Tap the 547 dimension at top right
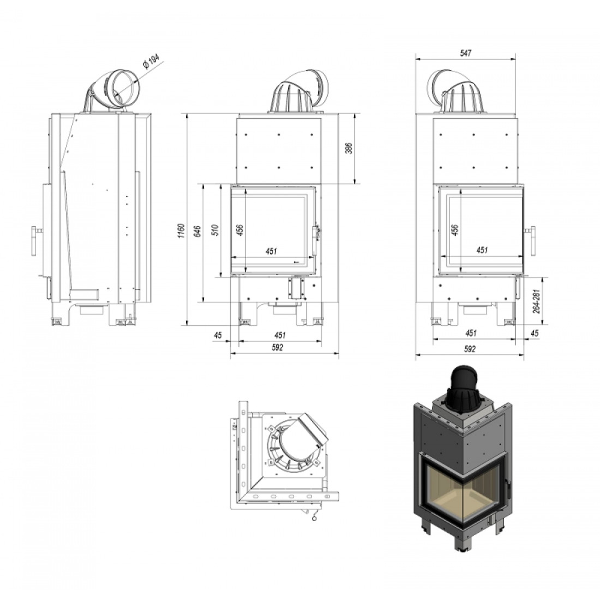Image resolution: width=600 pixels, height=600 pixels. [465, 53]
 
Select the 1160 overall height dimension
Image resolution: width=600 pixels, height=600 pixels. [182, 231]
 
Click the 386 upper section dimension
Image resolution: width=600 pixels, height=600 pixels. [349, 148]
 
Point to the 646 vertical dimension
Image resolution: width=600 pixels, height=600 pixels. [197, 231]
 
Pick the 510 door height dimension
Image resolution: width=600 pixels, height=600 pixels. [215, 230]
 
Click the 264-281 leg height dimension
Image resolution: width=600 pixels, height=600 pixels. [537, 301]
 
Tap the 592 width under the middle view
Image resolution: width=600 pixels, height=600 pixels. [278, 347]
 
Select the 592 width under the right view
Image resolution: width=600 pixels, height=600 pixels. [470, 349]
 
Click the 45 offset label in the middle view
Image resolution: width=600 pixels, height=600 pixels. [218, 335]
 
